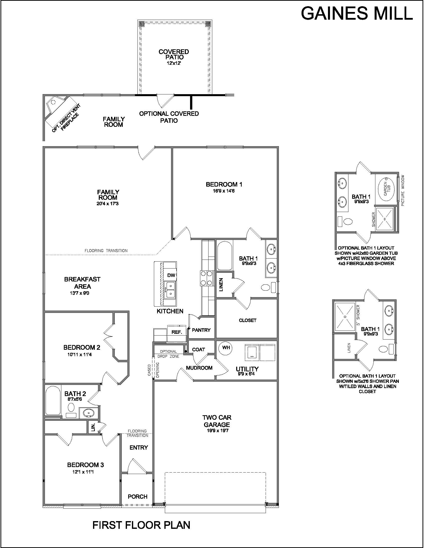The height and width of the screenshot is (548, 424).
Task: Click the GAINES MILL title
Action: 357,13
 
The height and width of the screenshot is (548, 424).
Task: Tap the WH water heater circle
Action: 226,347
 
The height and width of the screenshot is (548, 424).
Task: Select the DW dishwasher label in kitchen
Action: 171,275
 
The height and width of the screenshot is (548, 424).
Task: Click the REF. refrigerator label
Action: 177,332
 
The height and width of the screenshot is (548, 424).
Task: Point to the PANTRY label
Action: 201,330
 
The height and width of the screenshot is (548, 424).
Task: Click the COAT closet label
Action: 199,349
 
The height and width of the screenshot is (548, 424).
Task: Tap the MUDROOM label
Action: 199,368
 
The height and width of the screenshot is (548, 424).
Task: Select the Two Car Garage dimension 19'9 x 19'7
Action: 217,431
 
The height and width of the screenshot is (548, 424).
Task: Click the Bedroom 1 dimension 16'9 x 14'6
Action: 224,191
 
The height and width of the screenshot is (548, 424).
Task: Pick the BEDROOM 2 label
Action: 82,347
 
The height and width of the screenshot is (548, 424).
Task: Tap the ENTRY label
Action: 139,447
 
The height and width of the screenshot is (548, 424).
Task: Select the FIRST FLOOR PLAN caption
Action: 141,525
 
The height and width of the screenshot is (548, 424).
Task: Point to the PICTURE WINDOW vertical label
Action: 403,191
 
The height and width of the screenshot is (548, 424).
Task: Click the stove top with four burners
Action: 207,278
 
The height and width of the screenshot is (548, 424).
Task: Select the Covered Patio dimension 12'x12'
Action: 174,63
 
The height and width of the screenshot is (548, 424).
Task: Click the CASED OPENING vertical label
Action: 153,370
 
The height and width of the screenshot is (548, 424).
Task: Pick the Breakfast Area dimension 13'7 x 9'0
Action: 80,293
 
